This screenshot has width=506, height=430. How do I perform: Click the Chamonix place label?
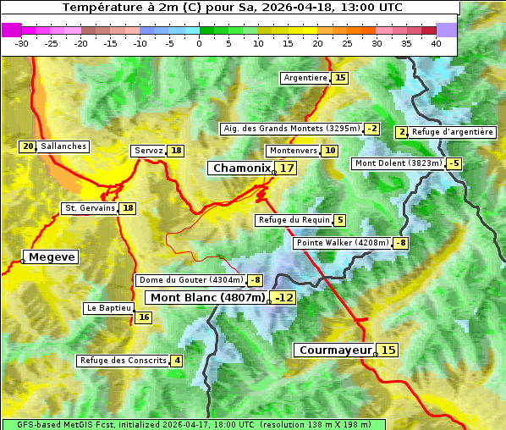pos(241,168)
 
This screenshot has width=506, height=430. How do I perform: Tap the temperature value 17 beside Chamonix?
pos(288,168)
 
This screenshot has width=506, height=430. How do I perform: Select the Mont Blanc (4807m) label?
pos(207,297)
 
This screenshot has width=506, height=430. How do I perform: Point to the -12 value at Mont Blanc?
pos(283,298)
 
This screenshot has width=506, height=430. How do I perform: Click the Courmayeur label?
pos(335,350)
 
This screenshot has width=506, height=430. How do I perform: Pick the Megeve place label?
pos(52,256)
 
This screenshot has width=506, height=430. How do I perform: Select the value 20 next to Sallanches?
pos(28,146)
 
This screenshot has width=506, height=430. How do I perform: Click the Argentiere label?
pos(305,78)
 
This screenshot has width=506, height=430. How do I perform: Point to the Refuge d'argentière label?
pos(452,132)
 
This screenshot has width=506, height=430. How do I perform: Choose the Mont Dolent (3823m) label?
pos(399,163)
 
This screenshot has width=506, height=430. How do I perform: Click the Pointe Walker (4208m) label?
pos(343,243)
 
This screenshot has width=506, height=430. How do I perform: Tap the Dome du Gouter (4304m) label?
pos(190,280)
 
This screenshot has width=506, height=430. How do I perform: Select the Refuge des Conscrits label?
pos(124,361)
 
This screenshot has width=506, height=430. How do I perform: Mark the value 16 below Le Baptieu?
pos(144,317)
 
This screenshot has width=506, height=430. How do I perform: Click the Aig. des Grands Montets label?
pos(290,129)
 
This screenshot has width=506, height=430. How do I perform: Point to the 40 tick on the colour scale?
pos(436,43)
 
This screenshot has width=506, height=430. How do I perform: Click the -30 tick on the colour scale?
pos(22,43)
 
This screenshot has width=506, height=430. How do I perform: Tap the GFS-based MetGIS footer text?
pos(193,424)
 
